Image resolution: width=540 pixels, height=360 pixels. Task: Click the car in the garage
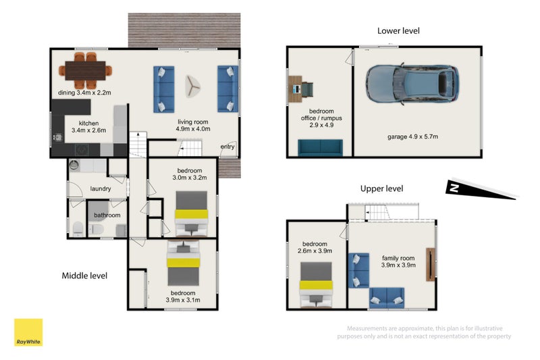click(x=412, y=84)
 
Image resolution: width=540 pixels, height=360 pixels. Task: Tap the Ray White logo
click(x=28, y=332)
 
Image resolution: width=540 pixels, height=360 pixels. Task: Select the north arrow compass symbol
click(x=482, y=189)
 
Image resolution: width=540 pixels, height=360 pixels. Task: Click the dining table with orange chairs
click(x=86, y=70)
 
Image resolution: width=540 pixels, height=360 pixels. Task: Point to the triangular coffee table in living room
click(x=192, y=86)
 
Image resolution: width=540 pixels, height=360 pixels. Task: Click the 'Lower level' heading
click(x=398, y=30)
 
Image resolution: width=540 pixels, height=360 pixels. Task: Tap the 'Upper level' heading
click(x=381, y=188)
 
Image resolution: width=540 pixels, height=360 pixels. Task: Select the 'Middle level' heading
click(x=84, y=276)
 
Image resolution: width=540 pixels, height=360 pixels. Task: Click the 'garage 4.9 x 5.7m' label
click(x=412, y=136)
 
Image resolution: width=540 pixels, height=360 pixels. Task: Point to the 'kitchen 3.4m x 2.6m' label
click(x=89, y=126)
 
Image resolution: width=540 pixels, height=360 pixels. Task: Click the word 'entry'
click(x=227, y=147)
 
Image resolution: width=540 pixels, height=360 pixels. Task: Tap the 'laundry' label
click(x=101, y=189)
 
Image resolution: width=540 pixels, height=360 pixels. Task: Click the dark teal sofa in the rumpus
click(x=320, y=147)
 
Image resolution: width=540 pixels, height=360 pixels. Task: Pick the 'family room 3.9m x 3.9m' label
click(x=398, y=261)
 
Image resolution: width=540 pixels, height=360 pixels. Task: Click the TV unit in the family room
click(x=431, y=265)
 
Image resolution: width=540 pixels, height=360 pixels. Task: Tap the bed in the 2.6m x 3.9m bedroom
click(x=316, y=284)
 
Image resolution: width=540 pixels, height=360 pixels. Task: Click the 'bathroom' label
click(x=107, y=215)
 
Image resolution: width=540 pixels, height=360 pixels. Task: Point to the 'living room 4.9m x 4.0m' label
click(x=193, y=126)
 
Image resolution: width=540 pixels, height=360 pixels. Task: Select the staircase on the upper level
click(x=378, y=212)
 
